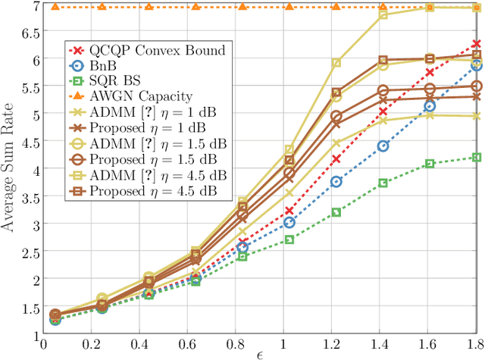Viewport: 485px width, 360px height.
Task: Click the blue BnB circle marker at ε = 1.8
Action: pos(476,65)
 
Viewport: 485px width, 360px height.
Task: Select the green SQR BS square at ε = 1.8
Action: pos(476,157)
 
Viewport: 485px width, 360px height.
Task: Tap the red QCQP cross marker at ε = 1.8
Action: pos(476,45)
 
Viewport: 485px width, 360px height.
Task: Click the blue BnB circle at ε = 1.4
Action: pos(383,146)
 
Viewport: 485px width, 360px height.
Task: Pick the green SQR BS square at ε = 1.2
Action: pos(336,212)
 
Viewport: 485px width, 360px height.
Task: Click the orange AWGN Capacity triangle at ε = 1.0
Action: pos(289,7)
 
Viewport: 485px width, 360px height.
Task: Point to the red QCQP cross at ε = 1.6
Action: pos(430,72)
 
